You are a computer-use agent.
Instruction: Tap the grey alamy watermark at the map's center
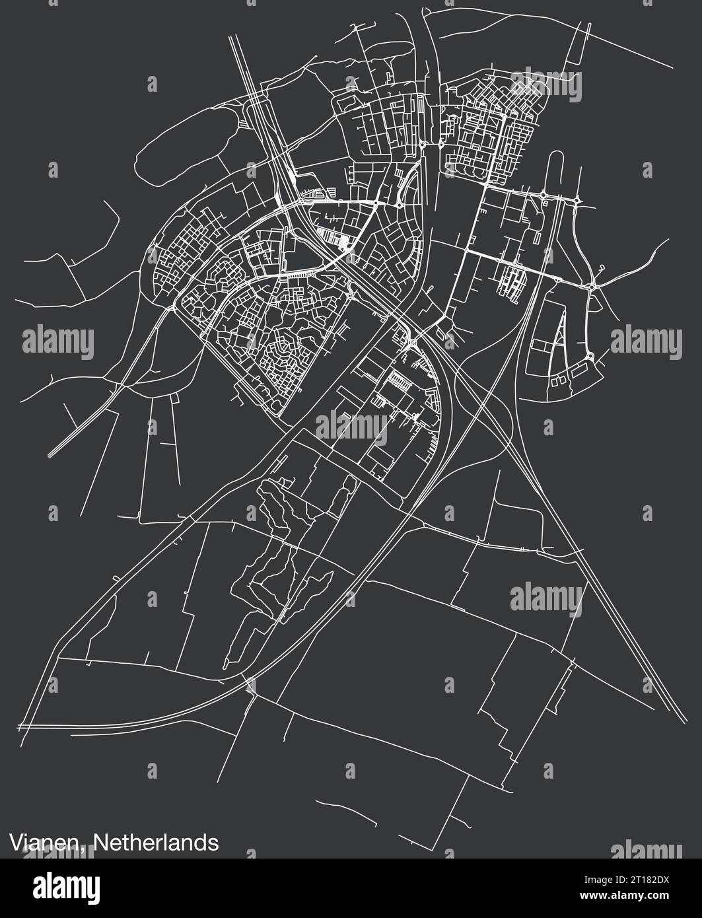[351, 426]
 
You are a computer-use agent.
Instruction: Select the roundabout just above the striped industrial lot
[411, 341]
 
